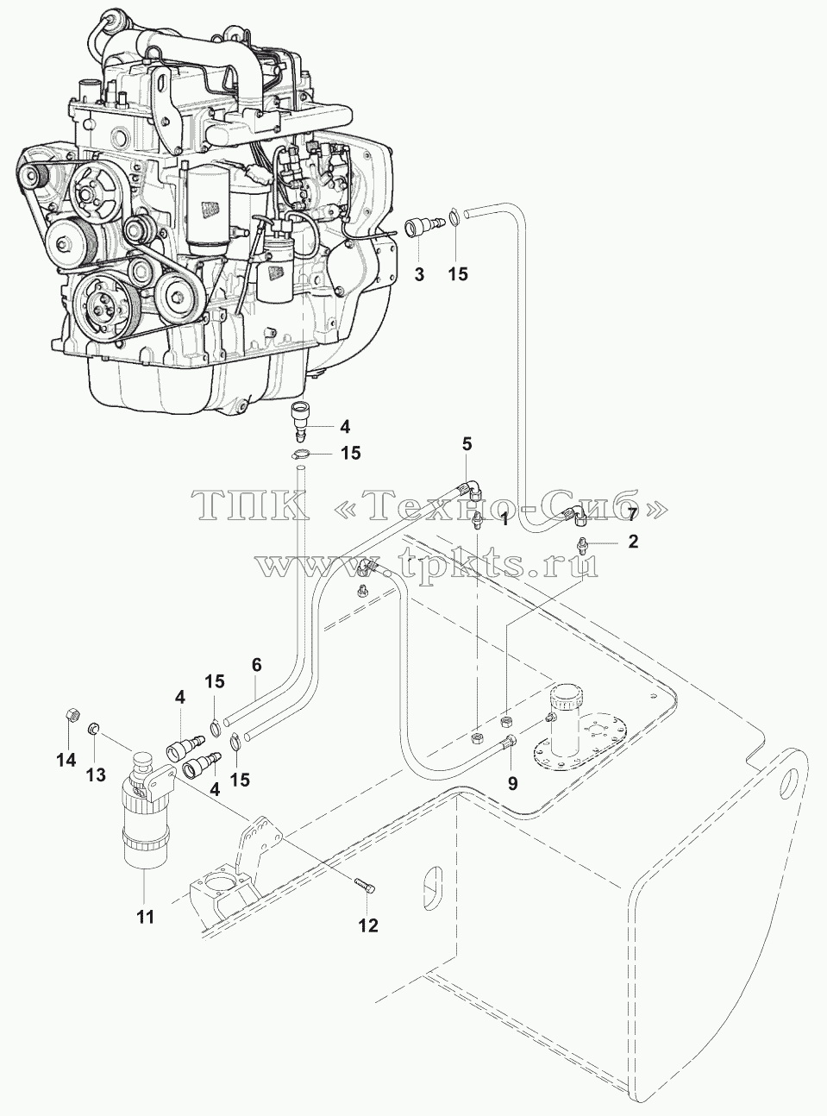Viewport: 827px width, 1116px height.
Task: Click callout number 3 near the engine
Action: click(419, 274)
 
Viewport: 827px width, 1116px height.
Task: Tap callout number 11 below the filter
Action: click(146, 918)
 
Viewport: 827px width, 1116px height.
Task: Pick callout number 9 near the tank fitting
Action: click(512, 784)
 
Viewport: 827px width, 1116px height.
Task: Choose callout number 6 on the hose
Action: click(256, 665)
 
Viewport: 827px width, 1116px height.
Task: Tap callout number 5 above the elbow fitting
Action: click(467, 444)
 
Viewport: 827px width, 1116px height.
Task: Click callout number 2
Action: click(633, 542)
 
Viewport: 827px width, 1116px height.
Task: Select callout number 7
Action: click(632, 515)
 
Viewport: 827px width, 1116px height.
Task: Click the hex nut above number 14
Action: click(72, 714)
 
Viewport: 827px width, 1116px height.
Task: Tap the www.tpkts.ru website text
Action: click(428, 563)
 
